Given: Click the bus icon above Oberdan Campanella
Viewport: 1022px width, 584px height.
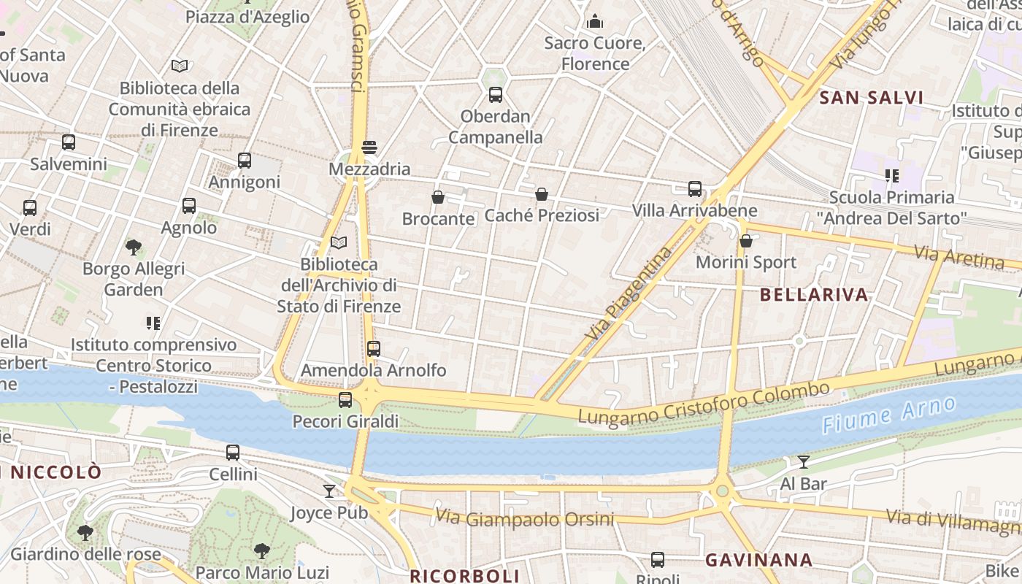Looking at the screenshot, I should click(496, 94).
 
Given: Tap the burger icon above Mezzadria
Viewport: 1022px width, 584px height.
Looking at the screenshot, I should click(369, 147).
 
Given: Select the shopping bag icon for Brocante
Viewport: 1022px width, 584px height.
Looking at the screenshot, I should click(438, 197).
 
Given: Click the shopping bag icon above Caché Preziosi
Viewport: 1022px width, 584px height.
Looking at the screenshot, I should click(541, 194).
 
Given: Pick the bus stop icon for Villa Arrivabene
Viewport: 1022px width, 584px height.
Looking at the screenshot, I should click(695, 189).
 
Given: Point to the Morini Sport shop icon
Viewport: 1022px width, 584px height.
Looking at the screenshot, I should click(745, 241).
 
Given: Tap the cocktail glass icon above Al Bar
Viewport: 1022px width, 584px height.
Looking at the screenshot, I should click(804, 461).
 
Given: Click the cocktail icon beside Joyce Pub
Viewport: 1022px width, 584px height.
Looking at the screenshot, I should click(329, 491).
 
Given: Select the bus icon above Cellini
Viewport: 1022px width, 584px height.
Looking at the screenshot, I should click(233, 453).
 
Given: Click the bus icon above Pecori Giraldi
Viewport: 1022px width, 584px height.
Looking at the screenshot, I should click(345, 400).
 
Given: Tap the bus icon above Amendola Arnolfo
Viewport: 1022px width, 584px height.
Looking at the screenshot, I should click(374, 349).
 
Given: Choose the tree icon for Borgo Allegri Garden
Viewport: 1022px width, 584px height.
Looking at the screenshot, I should click(133, 247).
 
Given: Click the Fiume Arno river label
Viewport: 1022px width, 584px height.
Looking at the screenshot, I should click(888, 415).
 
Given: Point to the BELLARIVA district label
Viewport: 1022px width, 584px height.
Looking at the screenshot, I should click(814, 295).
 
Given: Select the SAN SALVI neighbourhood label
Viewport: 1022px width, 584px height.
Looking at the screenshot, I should click(872, 98).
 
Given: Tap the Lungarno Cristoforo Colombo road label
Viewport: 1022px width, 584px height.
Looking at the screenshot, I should click(704, 402).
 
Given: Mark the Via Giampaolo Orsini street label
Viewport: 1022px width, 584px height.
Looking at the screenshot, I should click(525, 519).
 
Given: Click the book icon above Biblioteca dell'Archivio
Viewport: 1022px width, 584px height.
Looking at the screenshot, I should click(339, 242).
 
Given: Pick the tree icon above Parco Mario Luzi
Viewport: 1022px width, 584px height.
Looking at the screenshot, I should click(262, 551).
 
